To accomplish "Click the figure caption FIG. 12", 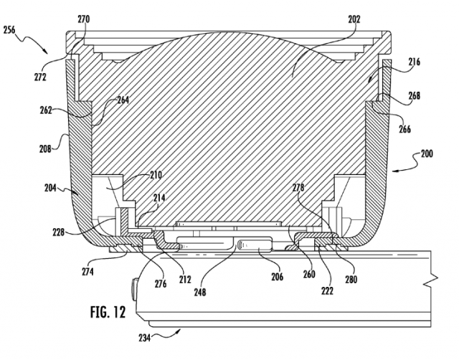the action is click(108, 312).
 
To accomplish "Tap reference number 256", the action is click(9, 30).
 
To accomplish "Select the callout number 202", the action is click(354, 19).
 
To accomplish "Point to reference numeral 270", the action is click(84, 19).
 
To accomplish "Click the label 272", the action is click(40, 77).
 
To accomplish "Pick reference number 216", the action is click(414, 62).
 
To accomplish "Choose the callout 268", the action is click(414, 96).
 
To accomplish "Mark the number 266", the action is click(404, 129).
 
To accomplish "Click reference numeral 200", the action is click(427, 154).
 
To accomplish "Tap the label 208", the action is click(45, 148).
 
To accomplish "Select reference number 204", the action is click(51, 188).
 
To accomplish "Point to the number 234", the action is click(145, 338).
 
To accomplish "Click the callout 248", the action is click(200, 292).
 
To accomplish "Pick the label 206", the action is click(277, 277).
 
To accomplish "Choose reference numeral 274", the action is click(87, 272).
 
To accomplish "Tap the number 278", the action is click(298, 188).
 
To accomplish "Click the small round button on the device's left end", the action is click(134, 290).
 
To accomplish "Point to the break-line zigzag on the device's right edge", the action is click(435, 280).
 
